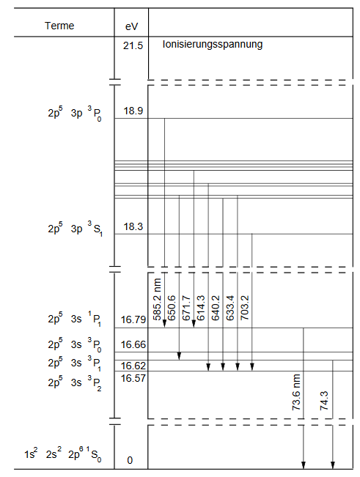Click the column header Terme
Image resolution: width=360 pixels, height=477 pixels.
[x=59, y=26]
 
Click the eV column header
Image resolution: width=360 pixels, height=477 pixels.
[x=131, y=26]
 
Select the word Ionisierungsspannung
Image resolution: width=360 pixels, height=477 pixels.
[x=213, y=45]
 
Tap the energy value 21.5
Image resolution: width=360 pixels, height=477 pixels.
[x=133, y=45]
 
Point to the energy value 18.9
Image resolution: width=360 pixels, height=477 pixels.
[x=133, y=111]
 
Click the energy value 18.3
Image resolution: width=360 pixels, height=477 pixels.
[x=133, y=226]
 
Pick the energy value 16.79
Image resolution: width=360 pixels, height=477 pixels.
[x=133, y=319]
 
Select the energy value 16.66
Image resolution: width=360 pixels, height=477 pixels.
[x=133, y=344]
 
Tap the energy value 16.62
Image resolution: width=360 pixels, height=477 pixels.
[x=133, y=366]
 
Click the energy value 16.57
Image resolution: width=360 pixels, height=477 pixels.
[x=133, y=378]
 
